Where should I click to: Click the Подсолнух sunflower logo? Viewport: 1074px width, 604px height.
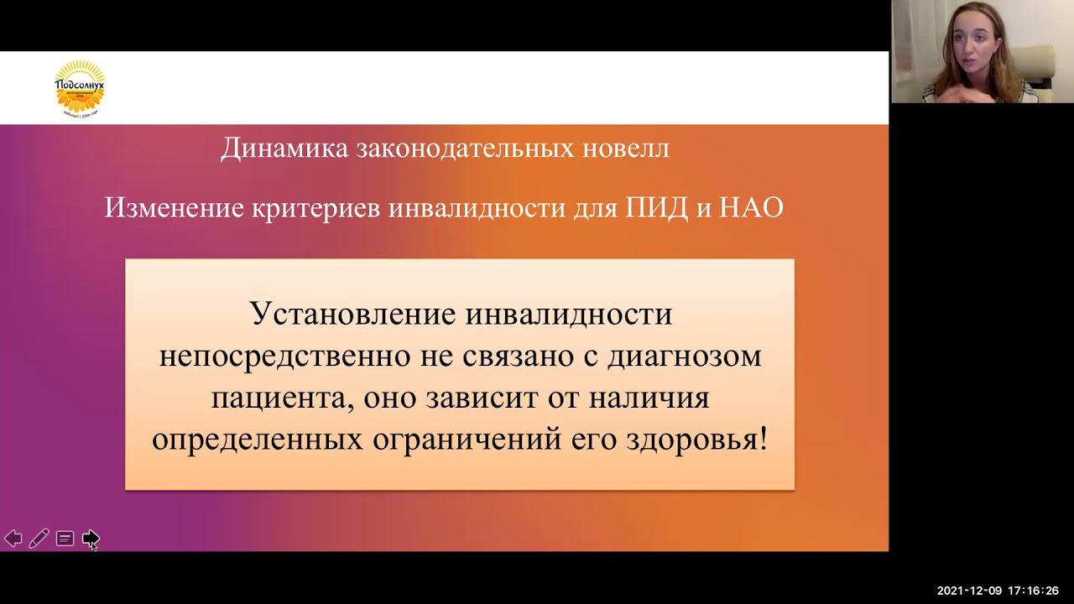point(80,87)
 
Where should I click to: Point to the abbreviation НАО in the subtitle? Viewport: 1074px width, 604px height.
point(751,207)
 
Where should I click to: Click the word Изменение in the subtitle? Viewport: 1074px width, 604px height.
point(174,207)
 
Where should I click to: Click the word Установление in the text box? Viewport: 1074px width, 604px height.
point(352,315)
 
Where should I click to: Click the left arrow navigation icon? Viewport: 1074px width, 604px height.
point(13,539)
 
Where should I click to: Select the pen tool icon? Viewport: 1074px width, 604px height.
point(39,539)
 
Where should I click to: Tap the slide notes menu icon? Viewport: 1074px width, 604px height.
point(65,539)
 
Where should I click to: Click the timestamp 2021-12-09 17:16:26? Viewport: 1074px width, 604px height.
point(998,591)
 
